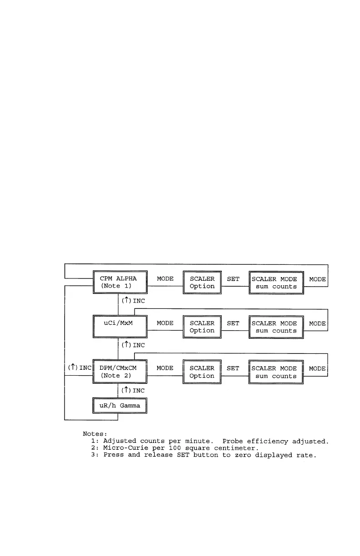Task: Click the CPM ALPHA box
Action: point(120,283)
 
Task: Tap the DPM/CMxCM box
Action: point(120,372)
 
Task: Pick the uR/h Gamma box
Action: point(120,406)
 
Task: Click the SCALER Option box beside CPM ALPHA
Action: point(202,283)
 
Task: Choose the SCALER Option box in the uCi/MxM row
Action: point(202,327)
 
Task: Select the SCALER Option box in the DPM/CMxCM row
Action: point(202,372)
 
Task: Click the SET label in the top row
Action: point(233,279)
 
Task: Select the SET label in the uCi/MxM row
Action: point(233,323)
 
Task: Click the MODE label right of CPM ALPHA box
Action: point(165,279)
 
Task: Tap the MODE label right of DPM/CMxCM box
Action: point(165,368)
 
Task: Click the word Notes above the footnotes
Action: point(95,434)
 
